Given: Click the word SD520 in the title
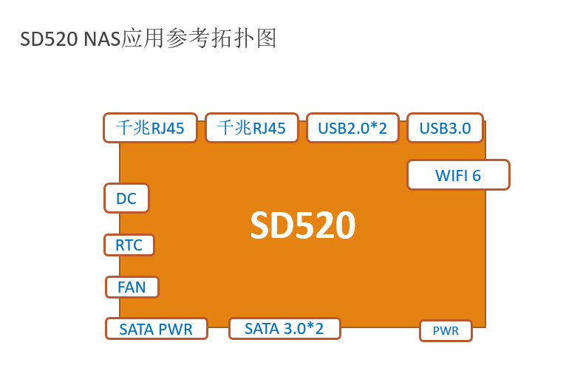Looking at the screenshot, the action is pyautogui.click(x=49, y=39).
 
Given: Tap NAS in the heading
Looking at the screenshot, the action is pyautogui.click(x=102, y=39).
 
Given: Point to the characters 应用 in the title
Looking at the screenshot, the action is pyautogui.click(x=143, y=38).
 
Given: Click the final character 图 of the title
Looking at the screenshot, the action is pyautogui.click(x=267, y=38).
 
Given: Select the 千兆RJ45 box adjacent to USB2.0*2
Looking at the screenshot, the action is pyautogui.click(x=252, y=128).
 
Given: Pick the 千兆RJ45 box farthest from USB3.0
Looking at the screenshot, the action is pyautogui.click(x=150, y=128).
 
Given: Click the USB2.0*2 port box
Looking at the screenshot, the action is pyautogui.click(x=352, y=128).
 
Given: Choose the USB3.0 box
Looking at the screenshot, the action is pyautogui.click(x=445, y=128).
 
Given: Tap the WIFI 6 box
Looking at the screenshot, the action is pyautogui.click(x=458, y=175).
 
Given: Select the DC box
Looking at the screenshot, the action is pyautogui.click(x=126, y=198).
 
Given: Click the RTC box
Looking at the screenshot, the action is pyautogui.click(x=129, y=245).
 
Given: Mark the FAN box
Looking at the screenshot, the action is pyautogui.click(x=132, y=287).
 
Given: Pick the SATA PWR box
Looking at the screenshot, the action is pyautogui.click(x=157, y=329).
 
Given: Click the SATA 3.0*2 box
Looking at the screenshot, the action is pyautogui.click(x=284, y=328).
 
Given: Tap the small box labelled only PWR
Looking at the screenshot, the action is pyautogui.click(x=446, y=330).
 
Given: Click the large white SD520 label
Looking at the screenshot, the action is pyautogui.click(x=303, y=225).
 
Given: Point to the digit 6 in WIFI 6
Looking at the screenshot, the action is pyautogui.click(x=477, y=176).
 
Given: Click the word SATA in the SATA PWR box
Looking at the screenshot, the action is pyautogui.click(x=137, y=330).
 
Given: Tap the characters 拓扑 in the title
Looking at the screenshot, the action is pyautogui.click(x=233, y=38).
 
